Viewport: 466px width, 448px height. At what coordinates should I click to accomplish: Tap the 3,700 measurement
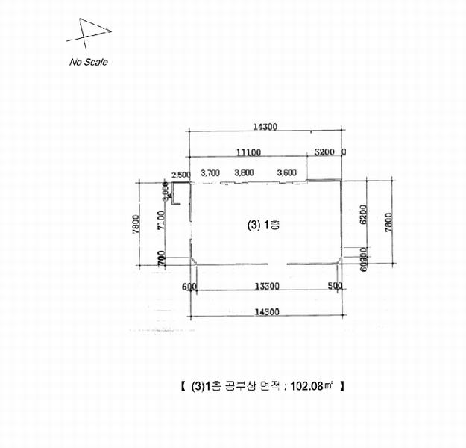pyautogui.click(x=210, y=173)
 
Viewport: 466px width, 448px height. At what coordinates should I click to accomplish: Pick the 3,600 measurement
pyautogui.click(x=286, y=173)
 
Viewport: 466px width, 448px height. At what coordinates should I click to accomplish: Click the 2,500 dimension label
pyautogui.click(x=180, y=175)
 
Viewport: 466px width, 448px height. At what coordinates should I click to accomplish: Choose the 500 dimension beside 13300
pyautogui.click(x=336, y=287)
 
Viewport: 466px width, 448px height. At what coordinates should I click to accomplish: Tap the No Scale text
pyautogui.click(x=89, y=62)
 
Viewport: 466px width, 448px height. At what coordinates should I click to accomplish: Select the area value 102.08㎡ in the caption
pyautogui.click(x=310, y=386)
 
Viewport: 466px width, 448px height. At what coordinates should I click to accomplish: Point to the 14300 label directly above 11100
pyautogui.click(x=265, y=127)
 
